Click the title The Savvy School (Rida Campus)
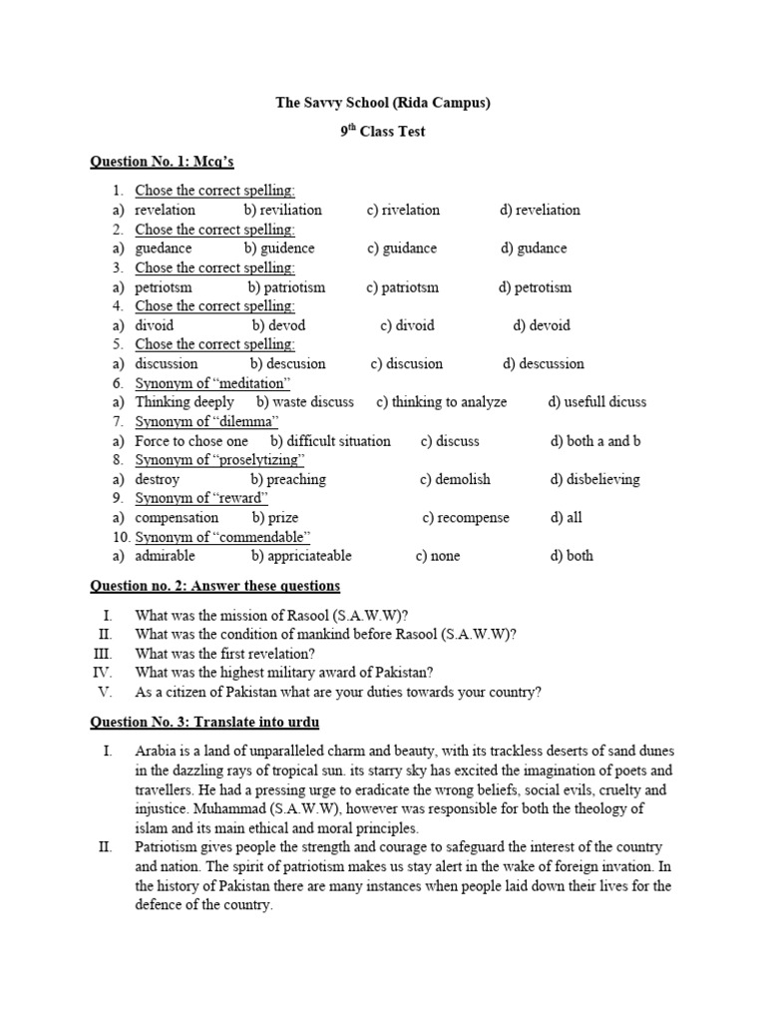(x=383, y=103)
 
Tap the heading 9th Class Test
(x=383, y=132)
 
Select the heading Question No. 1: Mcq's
(x=162, y=161)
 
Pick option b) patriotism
(x=286, y=287)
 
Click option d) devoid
(x=542, y=325)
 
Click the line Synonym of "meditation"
(x=212, y=383)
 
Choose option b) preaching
(x=288, y=479)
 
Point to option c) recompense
(x=465, y=518)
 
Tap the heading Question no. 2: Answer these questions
(x=214, y=586)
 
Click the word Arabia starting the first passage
(x=155, y=751)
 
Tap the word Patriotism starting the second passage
(x=168, y=846)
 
